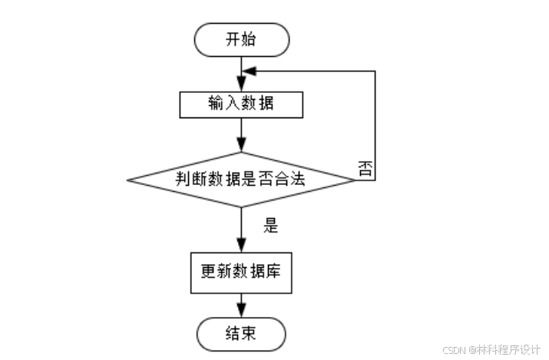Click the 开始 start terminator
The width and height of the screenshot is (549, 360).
coord(242,40)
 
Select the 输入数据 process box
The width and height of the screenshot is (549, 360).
coord(242,104)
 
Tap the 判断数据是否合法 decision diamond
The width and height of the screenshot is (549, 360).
coord(241,180)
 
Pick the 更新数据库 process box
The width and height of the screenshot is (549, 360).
coord(242,271)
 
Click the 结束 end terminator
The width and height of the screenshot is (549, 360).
coord(242,335)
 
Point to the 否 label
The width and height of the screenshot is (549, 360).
coord(365,168)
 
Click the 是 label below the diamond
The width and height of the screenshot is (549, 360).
coord(270,226)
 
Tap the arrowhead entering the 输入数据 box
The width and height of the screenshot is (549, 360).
coord(242,88)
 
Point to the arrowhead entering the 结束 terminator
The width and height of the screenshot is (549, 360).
coord(242,312)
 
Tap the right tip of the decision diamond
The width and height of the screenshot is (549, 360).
coord(355,180)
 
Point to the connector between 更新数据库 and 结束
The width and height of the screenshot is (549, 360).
coord(242,303)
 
